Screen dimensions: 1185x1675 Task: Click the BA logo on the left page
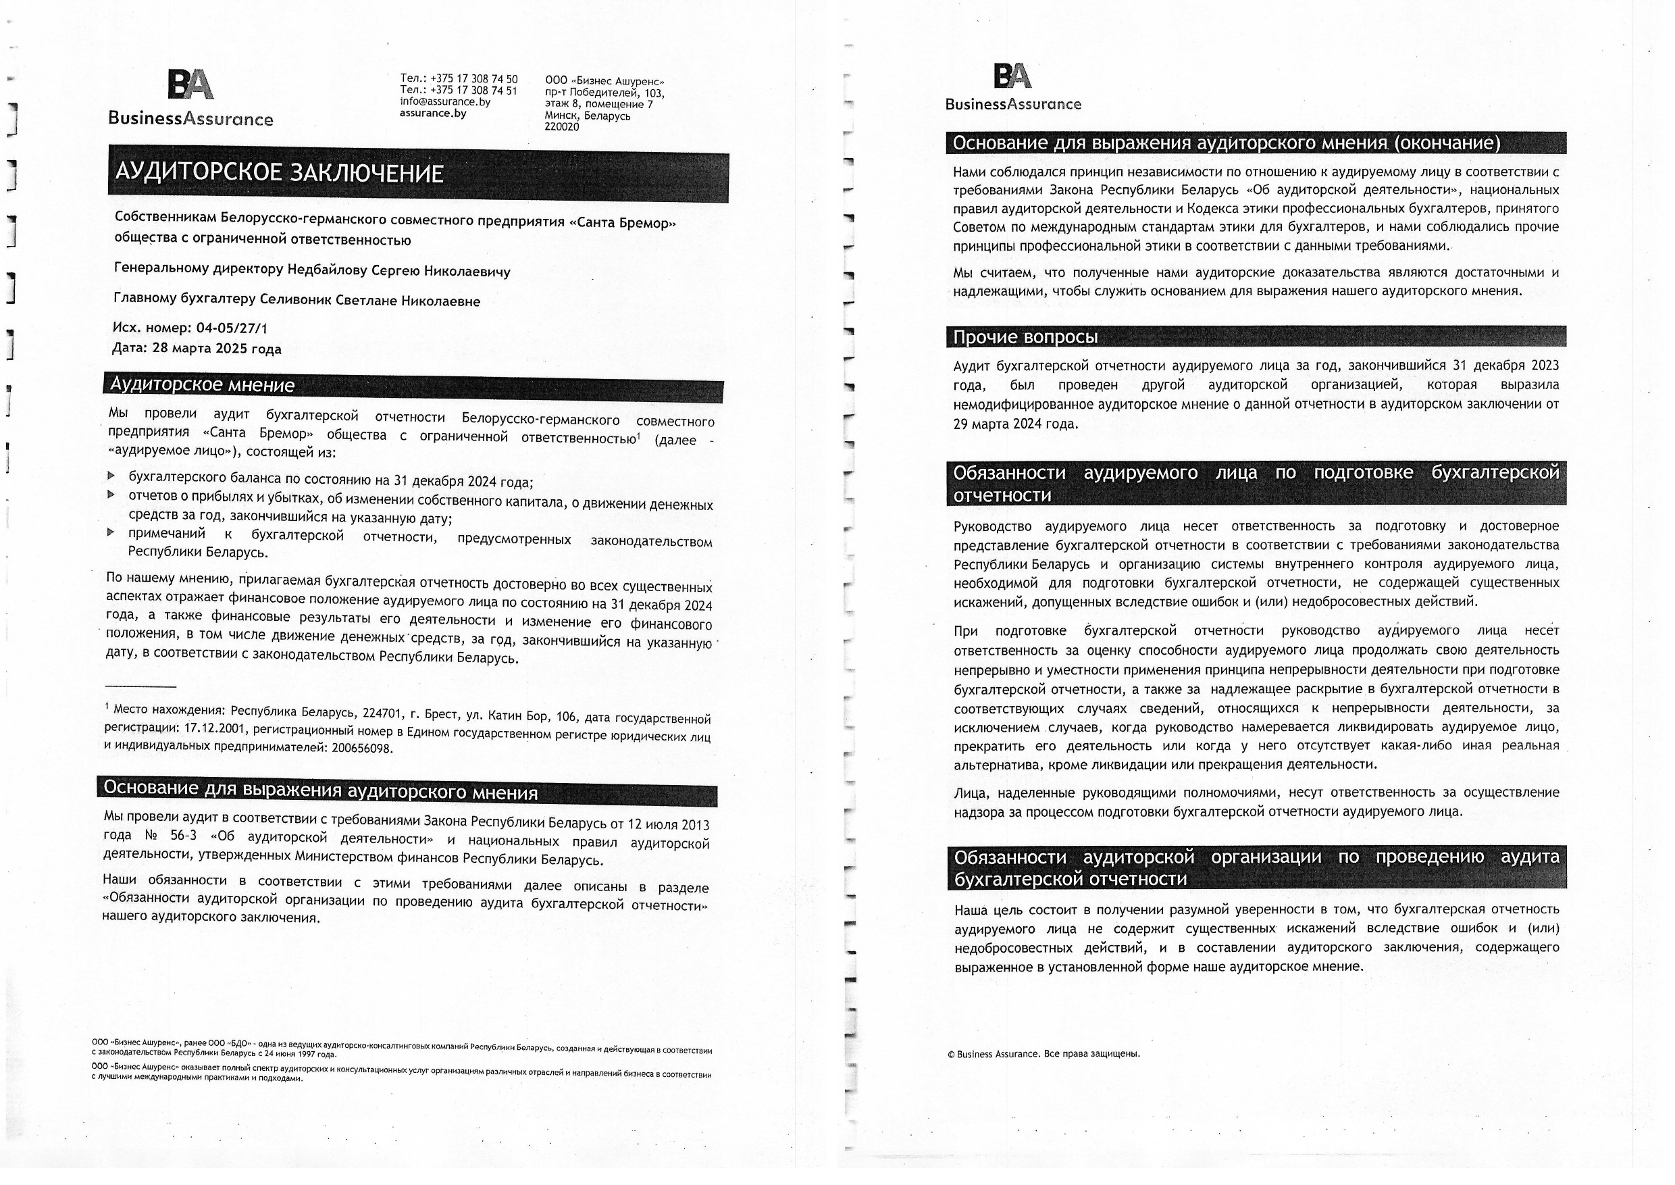tap(191, 84)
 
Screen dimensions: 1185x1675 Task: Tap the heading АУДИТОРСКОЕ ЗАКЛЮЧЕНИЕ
tap(280, 174)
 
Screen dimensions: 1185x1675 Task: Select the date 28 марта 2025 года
tap(217, 349)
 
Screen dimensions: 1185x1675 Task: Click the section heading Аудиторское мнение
tap(202, 385)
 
